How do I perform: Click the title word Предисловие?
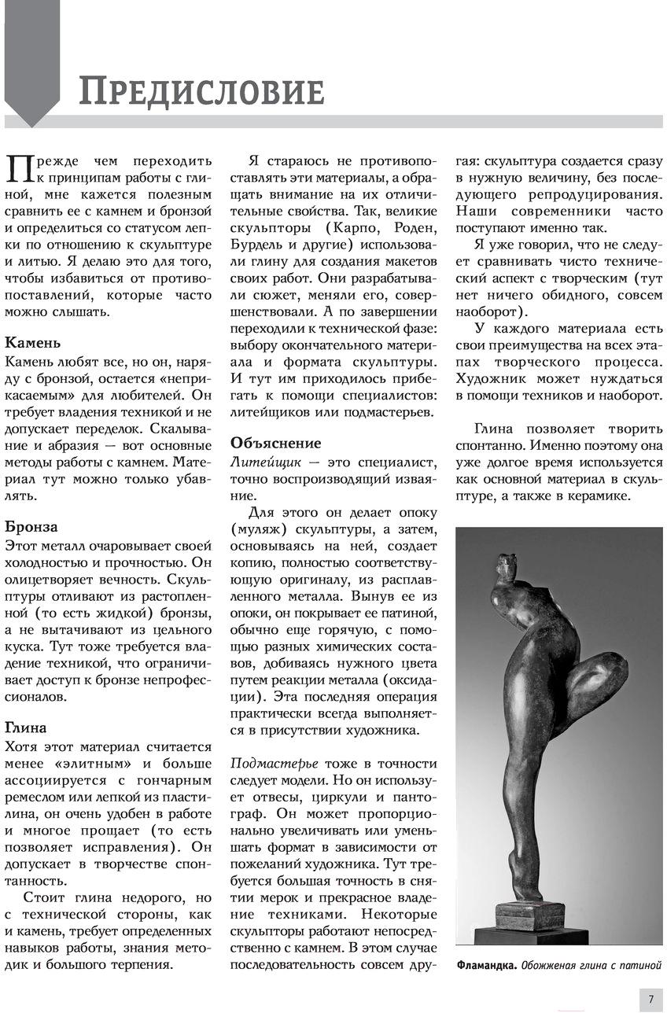click(x=201, y=92)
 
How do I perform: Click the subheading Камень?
click(x=32, y=343)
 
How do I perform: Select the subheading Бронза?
click(x=31, y=526)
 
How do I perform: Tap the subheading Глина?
click(x=26, y=727)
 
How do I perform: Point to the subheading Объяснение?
click(x=275, y=443)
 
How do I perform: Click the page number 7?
click(x=651, y=1000)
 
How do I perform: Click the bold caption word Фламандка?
click(x=486, y=965)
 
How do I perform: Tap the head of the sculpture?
click(x=508, y=563)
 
